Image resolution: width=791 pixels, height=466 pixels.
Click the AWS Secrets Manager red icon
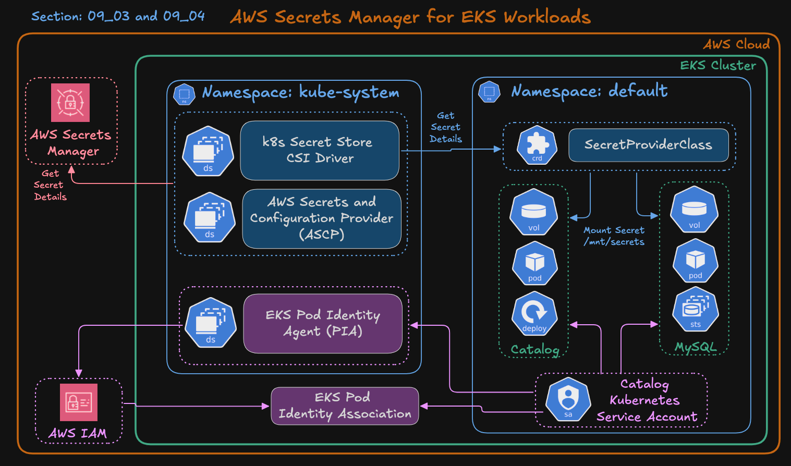pyautogui.click(x=70, y=103)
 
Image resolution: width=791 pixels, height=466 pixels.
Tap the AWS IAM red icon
pyautogui.click(x=79, y=402)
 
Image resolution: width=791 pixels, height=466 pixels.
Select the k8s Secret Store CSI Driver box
pyautogui.click(x=320, y=150)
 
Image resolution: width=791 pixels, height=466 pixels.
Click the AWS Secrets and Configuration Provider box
pyautogui.click(x=322, y=218)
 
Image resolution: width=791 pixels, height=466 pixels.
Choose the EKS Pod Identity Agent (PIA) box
pyautogui.click(x=323, y=323)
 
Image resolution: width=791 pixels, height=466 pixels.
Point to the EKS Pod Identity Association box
pyautogui.click(x=345, y=406)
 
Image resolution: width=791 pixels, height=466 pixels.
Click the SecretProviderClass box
pyautogui.click(x=648, y=145)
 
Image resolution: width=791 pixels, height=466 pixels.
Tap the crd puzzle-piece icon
pyautogui.click(x=537, y=145)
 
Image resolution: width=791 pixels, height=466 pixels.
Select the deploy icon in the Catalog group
pyautogui.click(x=534, y=314)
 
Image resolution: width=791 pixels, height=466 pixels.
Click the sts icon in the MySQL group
pyautogui.click(x=695, y=311)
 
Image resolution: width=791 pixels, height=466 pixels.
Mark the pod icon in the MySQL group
pyautogui.click(x=695, y=261)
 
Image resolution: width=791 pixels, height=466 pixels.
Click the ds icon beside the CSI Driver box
pyautogui.click(x=208, y=151)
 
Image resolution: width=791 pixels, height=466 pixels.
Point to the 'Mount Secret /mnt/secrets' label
pyautogui.click(x=614, y=236)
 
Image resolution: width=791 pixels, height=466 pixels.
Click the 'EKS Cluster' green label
pyautogui.click(x=717, y=65)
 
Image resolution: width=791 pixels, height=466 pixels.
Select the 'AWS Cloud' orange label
pyautogui.click(x=736, y=44)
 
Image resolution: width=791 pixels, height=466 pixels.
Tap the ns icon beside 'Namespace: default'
pyautogui.click(x=489, y=92)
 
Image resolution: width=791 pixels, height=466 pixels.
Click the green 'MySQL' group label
pyautogui.click(x=696, y=347)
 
